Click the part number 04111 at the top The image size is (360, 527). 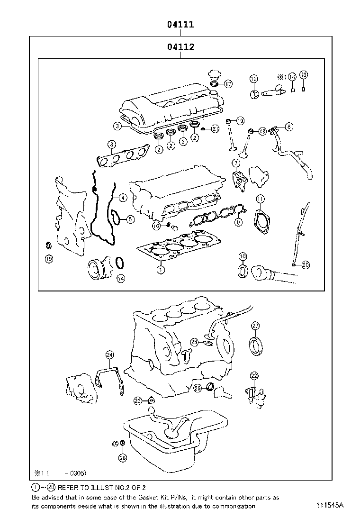(180, 25)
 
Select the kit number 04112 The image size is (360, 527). (180, 47)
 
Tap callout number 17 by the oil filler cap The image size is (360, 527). (228, 84)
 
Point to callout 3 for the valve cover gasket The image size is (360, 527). (117, 126)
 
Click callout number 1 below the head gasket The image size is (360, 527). (161, 270)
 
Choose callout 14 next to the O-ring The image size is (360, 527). (121, 278)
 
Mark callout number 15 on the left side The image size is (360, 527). (49, 258)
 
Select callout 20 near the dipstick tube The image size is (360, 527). (305, 265)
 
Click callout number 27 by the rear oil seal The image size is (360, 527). (255, 326)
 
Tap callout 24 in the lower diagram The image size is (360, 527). (109, 354)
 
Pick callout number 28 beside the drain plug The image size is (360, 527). (123, 457)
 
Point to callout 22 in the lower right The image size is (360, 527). (254, 376)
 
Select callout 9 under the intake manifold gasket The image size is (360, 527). (238, 221)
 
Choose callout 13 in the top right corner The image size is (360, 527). (304, 75)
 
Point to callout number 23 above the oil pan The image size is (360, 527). (137, 401)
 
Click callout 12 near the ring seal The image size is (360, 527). (254, 79)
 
